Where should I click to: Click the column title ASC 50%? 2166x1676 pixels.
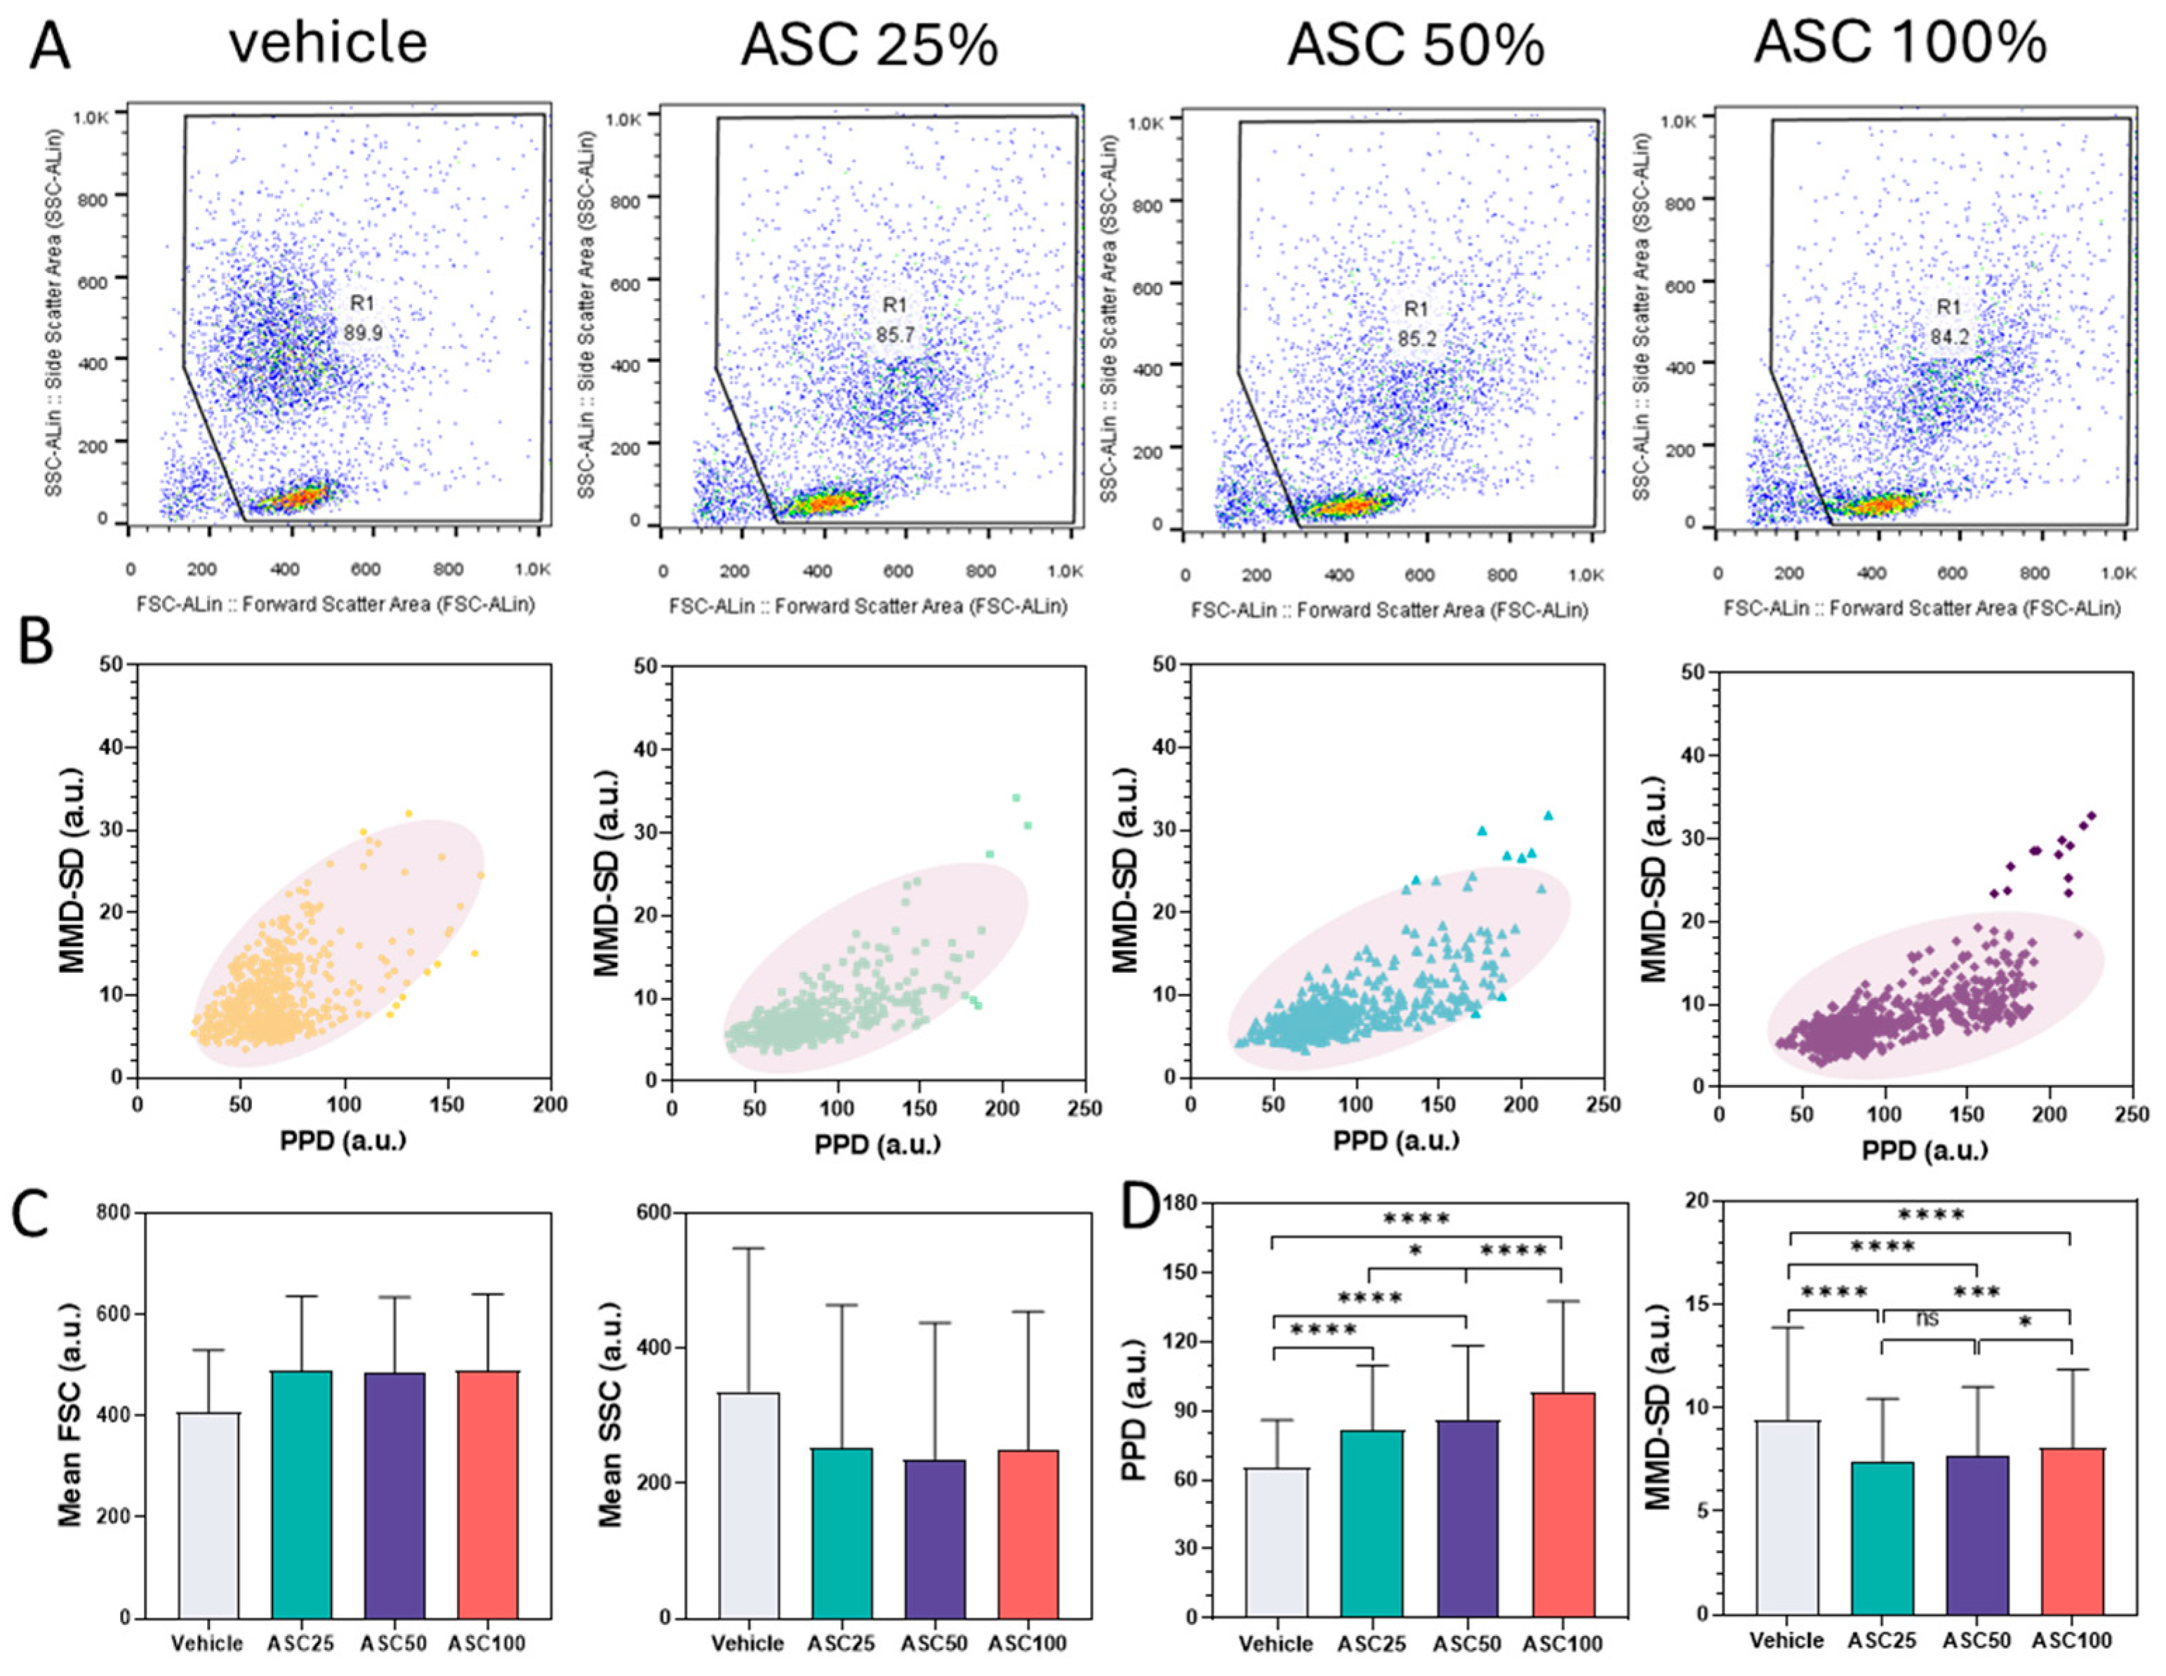(x=1415, y=46)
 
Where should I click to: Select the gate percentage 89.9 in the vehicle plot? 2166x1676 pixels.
(x=363, y=333)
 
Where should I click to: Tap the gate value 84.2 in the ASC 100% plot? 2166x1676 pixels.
(x=1949, y=337)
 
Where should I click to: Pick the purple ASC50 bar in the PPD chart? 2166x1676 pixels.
(x=1470, y=1518)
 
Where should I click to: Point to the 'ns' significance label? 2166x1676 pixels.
(x=1926, y=1319)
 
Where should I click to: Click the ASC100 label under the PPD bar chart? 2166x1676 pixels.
(x=1563, y=1644)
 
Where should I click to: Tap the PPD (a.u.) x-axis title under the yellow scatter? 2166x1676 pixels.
(x=343, y=1140)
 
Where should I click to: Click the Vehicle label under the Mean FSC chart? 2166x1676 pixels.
(x=206, y=1643)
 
